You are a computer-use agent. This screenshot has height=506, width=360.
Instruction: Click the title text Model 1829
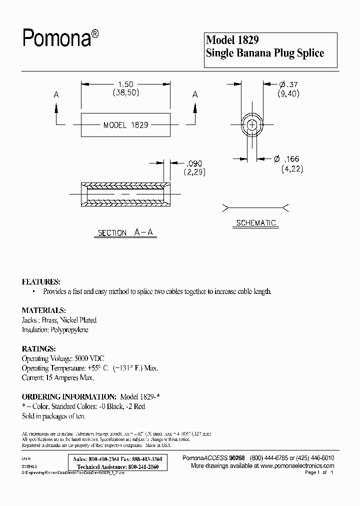[x=232, y=40]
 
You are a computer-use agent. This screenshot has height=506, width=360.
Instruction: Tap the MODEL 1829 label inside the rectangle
[x=125, y=125]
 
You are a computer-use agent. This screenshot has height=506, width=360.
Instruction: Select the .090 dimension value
[x=194, y=162]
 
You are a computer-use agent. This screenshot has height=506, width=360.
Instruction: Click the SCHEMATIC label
[x=255, y=223]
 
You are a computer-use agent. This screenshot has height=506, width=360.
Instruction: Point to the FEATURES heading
[x=41, y=281]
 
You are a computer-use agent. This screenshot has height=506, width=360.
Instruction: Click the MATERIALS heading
[x=43, y=310]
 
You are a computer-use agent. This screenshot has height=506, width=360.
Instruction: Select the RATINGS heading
[x=39, y=348]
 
